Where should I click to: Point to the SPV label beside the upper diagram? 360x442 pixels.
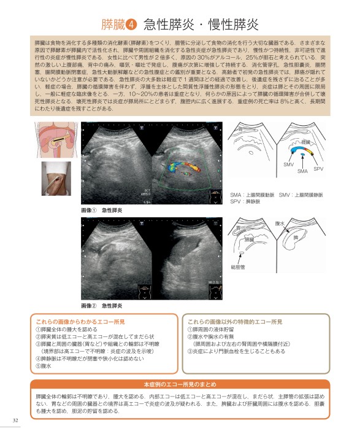click(x=318, y=168)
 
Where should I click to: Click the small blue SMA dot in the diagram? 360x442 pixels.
click(x=301, y=161)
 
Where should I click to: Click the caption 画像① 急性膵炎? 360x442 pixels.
click(x=102, y=210)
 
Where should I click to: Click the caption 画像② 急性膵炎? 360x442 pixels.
click(x=102, y=305)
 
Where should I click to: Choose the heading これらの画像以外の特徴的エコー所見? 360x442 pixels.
click(x=235, y=321)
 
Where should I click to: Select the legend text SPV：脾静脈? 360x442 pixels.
click(x=246, y=200)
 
